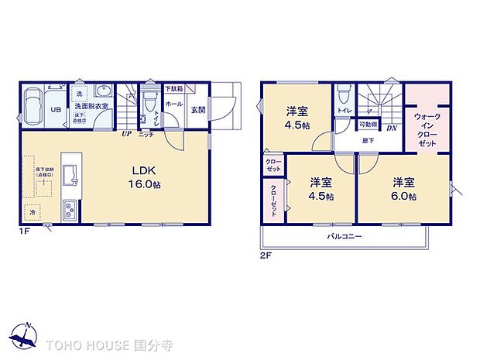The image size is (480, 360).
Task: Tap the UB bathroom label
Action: pos(56,109)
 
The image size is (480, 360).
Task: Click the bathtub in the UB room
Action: pos(34,109)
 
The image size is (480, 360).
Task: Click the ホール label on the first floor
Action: pos(174,103)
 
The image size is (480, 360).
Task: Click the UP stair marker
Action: pos(125,133)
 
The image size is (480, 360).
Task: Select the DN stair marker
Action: pos(393,128)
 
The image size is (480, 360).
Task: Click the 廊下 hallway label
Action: pos(367,140)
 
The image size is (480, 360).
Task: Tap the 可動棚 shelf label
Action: pos(368,125)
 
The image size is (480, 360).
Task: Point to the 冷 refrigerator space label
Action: pos(33,211)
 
